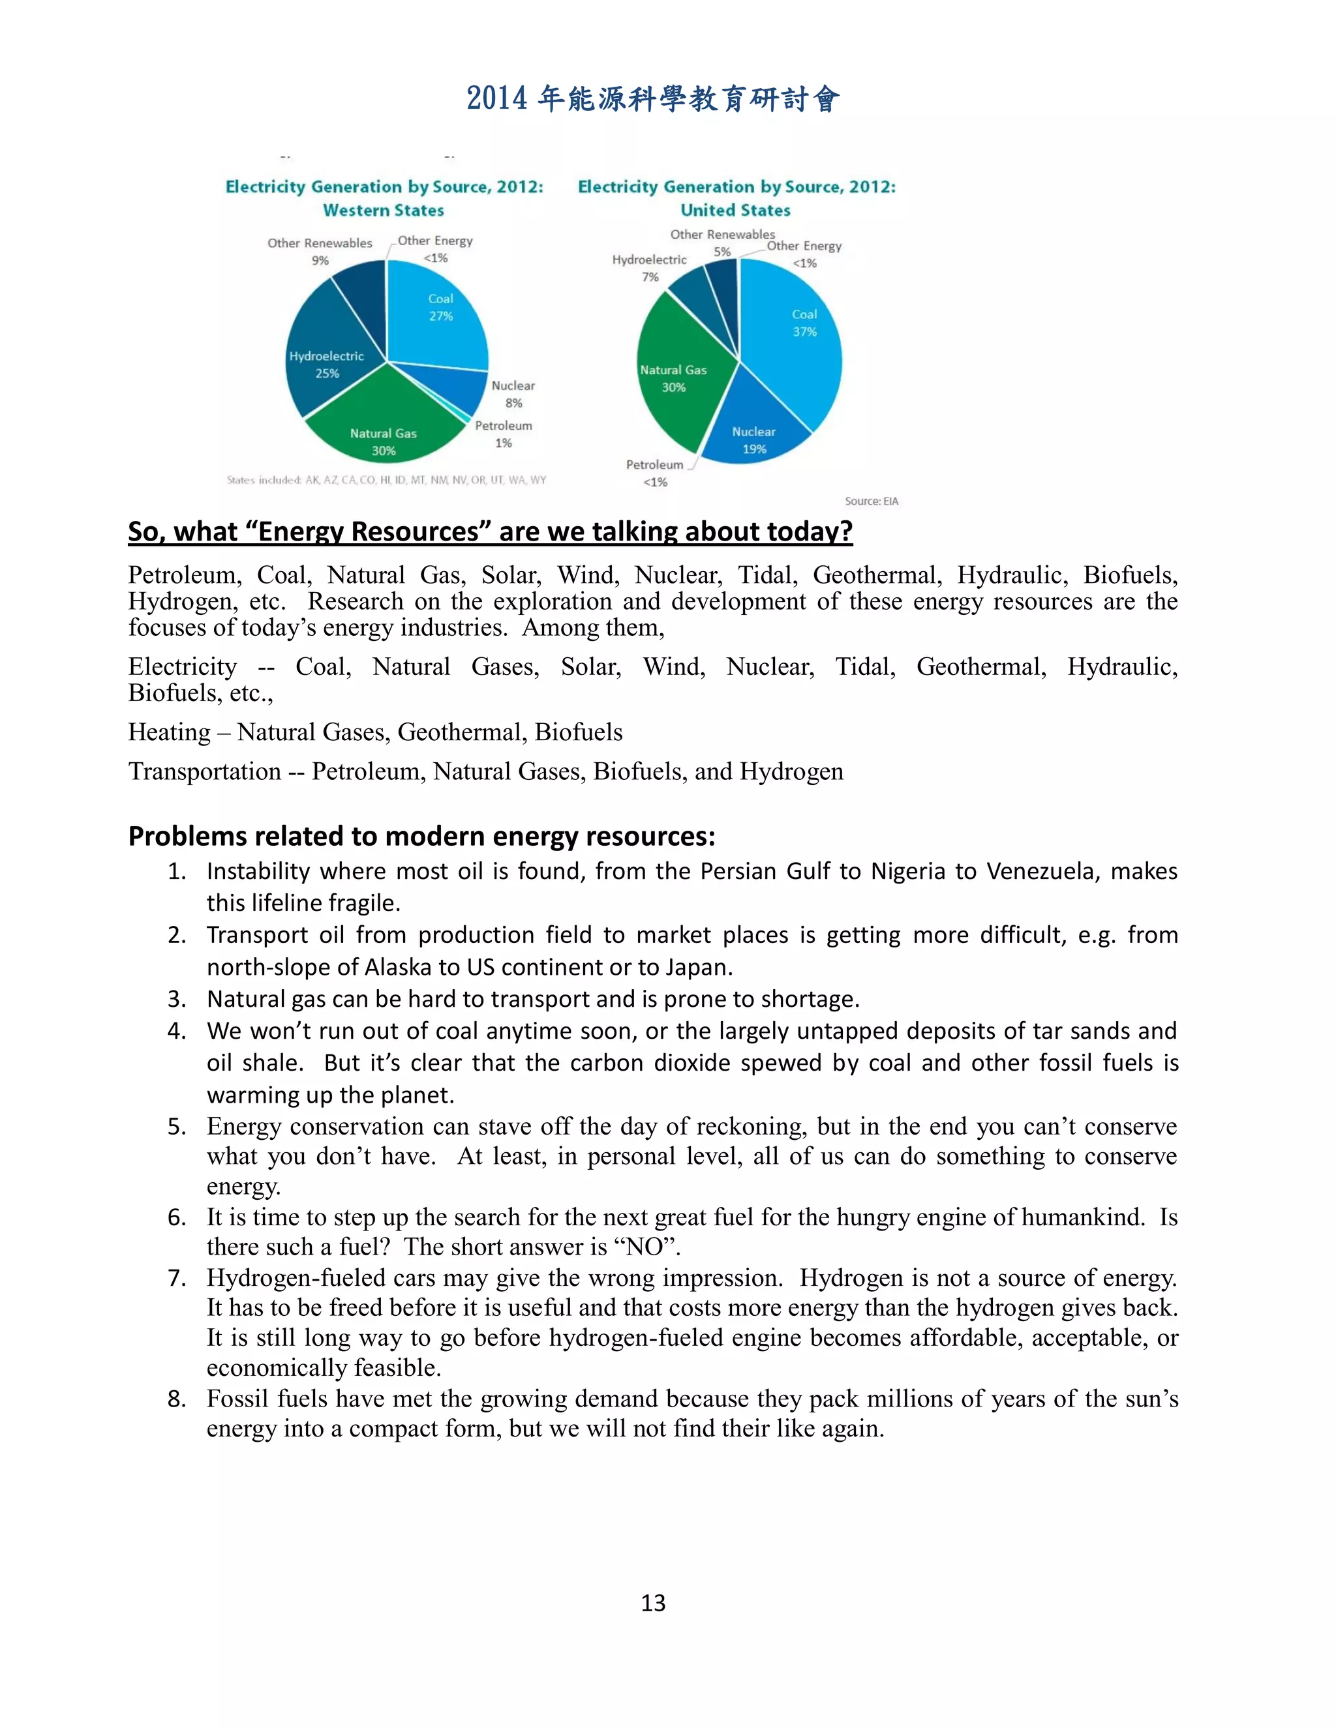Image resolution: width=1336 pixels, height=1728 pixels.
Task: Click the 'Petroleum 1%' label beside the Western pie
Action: pyautogui.click(x=504, y=434)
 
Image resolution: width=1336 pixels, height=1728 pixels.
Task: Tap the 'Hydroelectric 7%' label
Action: pyautogui.click(x=649, y=267)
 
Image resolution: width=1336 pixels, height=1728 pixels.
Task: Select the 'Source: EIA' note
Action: pyautogui.click(x=871, y=501)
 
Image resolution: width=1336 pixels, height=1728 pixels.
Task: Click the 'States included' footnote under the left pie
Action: pyautogui.click(x=386, y=479)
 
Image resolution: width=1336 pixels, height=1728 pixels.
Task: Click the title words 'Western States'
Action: pyautogui.click(x=384, y=211)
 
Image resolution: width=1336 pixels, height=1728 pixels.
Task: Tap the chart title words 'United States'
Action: pyautogui.click(x=735, y=211)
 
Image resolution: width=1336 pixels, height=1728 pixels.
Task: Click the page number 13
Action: pyautogui.click(x=653, y=1602)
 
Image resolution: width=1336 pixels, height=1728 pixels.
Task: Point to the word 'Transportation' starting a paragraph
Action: pyautogui.click(x=204, y=771)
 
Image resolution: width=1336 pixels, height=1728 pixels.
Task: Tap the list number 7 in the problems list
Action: pyautogui.click(x=177, y=1278)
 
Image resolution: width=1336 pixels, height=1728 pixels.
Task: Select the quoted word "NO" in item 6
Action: pyautogui.click(x=643, y=1247)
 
